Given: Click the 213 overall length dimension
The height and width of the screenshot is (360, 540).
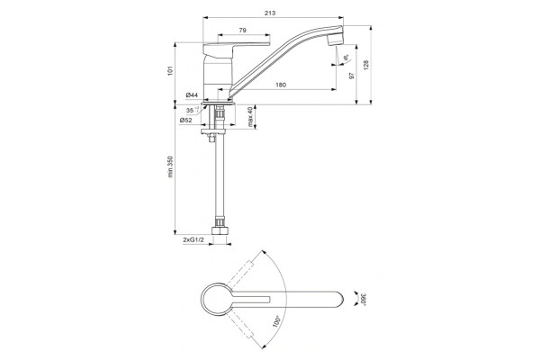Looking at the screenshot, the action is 270,13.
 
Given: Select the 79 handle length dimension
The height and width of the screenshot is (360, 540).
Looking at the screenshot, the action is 242,31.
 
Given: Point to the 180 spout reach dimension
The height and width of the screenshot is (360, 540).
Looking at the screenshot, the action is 281,85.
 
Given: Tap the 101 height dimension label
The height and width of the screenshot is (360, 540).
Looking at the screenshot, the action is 169,71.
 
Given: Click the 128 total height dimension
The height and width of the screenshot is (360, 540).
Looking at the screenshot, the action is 366,66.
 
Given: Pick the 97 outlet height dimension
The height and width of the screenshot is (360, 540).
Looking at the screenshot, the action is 352,76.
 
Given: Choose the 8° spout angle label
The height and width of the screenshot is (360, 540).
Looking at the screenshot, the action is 346,58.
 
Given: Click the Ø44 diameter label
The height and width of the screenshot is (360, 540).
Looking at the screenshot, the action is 192,94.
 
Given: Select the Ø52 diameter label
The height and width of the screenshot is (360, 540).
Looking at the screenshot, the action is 185,120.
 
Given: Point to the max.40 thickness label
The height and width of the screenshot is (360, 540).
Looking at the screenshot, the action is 250,117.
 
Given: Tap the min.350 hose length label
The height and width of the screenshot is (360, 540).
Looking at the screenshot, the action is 170,166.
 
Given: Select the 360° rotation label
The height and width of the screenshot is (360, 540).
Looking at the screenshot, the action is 363,299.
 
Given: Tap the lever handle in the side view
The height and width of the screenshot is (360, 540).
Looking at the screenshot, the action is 236,49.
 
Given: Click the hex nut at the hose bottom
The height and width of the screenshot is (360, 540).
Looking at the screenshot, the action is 220,229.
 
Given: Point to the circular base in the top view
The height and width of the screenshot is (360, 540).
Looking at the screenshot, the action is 218,299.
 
